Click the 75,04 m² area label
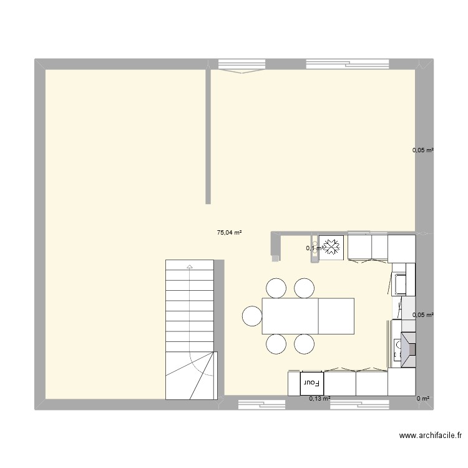click(x=229, y=233)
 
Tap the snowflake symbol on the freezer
click(x=331, y=246)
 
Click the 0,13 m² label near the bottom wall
click(x=319, y=398)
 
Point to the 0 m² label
click(x=424, y=398)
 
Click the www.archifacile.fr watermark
click(x=430, y=436)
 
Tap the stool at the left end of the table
click(x=252, y=316)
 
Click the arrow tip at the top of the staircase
click(x=189, y=266)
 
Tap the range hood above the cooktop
click(x=407, y=347)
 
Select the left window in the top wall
click(x=241, y=66)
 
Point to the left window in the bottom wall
click(x=261, y=404)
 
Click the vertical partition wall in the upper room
click(x=208, y=137)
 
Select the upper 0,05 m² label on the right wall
click(x=423, y=150)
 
